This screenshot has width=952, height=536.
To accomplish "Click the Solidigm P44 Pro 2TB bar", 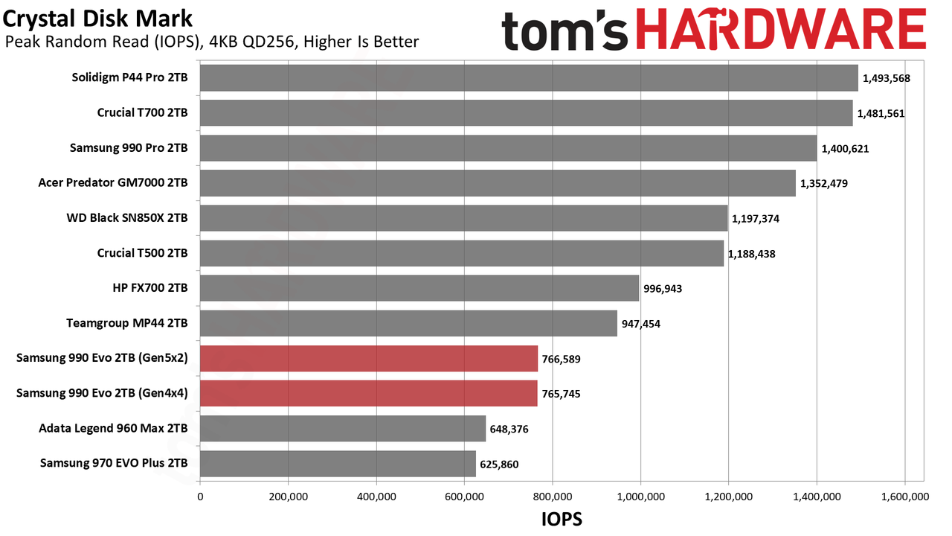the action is coord(529,78).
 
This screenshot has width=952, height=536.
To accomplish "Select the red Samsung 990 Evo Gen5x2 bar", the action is coord(369,359).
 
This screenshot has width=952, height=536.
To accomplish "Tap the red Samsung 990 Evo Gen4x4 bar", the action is coord(369,394).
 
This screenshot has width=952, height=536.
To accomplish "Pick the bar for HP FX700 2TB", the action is coord(419,288).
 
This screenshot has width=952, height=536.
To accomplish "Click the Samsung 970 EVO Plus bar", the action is coord(338,464).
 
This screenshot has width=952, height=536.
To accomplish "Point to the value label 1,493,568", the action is coord(886,79).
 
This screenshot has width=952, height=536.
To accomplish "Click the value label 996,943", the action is coord(663,289).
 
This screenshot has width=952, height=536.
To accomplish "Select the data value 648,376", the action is coord(509,430).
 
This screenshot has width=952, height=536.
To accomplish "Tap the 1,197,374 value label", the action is coord(755,219).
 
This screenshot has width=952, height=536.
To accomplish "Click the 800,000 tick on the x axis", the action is coord(553,497).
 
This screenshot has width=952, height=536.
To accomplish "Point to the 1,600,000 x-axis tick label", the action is coord(905,497).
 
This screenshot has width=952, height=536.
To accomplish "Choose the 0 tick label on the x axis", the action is coord(200,497).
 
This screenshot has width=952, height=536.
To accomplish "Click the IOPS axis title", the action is coord(562,519).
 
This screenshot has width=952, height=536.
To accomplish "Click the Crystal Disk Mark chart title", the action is coord(97,19).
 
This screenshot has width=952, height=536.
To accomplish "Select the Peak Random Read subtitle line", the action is coord(212,42).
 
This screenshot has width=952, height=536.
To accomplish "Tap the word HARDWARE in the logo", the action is coord(781,30).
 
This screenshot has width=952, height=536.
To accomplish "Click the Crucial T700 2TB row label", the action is coord(142,112).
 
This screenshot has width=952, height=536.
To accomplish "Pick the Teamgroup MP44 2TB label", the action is coord(126,324).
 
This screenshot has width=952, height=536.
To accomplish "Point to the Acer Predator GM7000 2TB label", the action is coord(113,183).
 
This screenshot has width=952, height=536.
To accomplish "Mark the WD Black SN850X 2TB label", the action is coord(127,218).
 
